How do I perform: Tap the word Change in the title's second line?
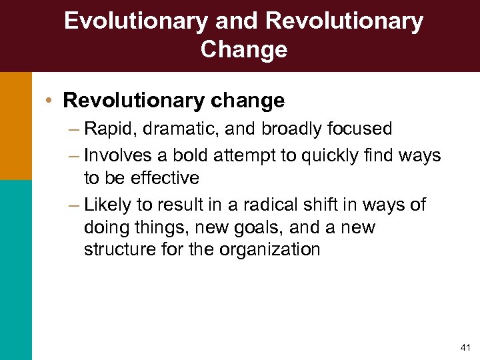pos(243,49)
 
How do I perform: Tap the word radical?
pos(297,205)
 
